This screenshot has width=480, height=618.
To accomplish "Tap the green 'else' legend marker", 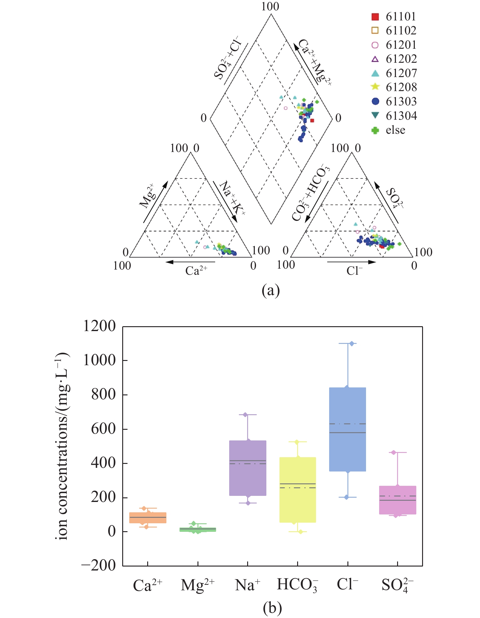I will pos(375,130).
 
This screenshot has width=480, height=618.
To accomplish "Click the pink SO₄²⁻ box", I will pos(397,500).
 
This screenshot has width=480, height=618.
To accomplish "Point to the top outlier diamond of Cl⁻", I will pos(352,344).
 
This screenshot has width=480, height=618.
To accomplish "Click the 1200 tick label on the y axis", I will pos(99,326).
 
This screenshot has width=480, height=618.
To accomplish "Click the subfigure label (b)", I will pos(272,608).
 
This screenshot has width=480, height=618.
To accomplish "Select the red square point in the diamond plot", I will pos(312,121).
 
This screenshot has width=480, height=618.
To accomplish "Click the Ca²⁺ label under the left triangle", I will pos(196,270).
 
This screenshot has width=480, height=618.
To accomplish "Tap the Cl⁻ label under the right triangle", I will pos(354,270).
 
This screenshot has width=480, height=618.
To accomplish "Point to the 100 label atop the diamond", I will pos(270,6).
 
